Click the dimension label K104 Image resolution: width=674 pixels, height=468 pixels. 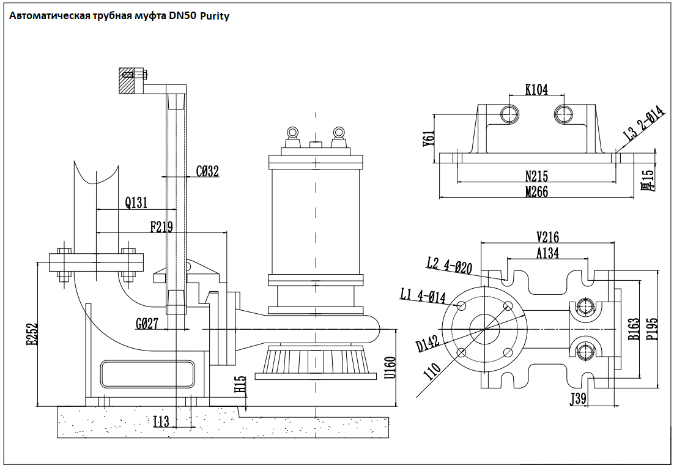point(536,89)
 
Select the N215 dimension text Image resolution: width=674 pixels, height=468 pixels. point(536,176)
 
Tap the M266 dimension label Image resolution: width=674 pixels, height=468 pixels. point(536,192)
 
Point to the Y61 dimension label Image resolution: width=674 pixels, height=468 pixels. point(429,139)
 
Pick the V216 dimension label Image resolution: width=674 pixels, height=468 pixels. point(547,237)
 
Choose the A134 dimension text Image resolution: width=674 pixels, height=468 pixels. point(547,253)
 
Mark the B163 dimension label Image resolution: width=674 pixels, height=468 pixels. point(634,330)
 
